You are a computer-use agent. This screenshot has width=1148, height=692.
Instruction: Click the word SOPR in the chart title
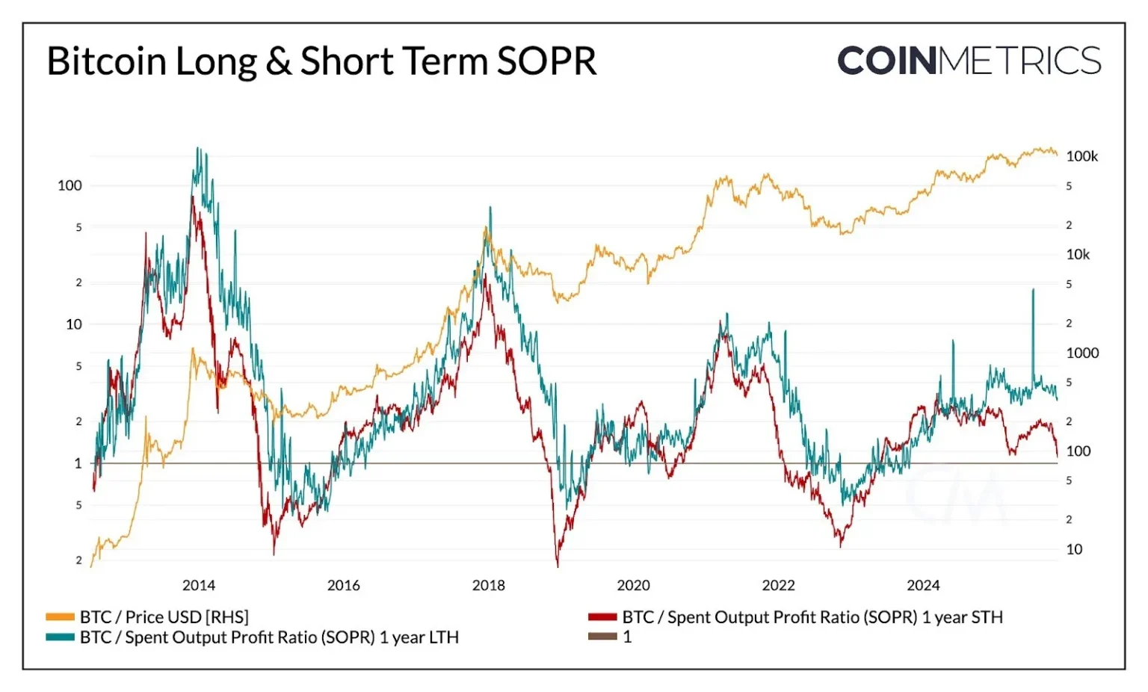pyautogui.click(x=546, y=61)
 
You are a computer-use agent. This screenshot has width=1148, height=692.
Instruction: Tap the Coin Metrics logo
pyautogui.click(x=969, y=61)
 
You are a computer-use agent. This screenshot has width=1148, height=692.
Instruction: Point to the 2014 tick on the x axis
pyautogui.click(x=198, y=585)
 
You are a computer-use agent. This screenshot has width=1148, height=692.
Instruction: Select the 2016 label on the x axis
pyautogui.click(x=343, y=585)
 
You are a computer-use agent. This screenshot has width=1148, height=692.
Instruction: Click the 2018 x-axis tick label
pyautogui.click(x=488, y=585)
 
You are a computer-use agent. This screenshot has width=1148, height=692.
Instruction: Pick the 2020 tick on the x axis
pyautogui.click(x=633, y=585)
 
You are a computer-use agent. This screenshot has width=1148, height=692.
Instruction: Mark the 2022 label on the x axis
pyautogui.click(x=778, y=585)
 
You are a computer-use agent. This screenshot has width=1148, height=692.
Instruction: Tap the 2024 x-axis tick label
pyautogui.click(x=923, y=585)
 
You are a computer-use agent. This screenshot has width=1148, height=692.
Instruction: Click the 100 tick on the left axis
pyautogui.click(x=70, y=185)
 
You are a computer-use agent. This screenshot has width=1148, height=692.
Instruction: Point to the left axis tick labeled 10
pyautogui.click(x=73, y=324)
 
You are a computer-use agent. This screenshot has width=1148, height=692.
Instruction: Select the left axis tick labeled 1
pyautogui.click(x=78, y=463)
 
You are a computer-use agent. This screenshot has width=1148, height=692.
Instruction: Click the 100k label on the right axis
pyautogui.click(x=1081, y=156)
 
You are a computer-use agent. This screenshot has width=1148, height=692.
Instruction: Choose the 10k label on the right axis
pyautogui.click(x=1078, y=255)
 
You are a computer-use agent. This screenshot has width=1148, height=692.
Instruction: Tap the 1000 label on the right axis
pyautogui.click(x=1082, y=353)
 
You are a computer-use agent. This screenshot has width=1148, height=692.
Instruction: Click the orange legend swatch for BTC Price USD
pyautogui.click(x=60, y=617)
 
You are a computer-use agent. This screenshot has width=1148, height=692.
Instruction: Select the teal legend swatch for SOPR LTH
pyautogui.click(x=60, y=637)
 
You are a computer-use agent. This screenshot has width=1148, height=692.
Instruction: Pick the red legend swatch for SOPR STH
pyautogui.click(x=602, y=617)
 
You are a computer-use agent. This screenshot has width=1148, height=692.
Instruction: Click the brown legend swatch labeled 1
pyautogui.click(x=602, y=637)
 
